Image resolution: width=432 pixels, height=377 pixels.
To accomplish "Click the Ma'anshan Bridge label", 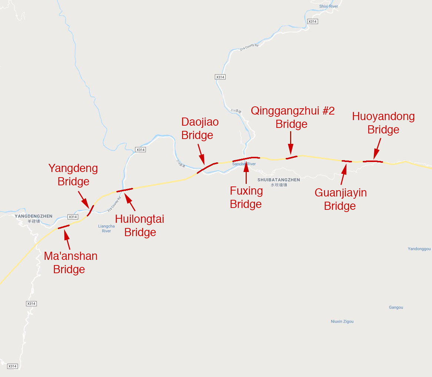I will tap(70, 262).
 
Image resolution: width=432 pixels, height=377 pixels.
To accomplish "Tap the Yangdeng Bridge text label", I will tap(73, 175).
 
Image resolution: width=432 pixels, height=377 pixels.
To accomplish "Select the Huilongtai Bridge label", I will tap(140, 225).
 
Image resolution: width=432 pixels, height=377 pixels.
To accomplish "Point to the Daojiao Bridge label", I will tap(199, 128).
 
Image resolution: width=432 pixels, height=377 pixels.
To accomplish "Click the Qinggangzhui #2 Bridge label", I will tap(292, 117).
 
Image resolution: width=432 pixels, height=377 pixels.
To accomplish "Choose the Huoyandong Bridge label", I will tap(383, 123).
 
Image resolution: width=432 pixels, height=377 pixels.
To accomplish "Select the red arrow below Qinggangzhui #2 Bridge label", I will tap(291, 143).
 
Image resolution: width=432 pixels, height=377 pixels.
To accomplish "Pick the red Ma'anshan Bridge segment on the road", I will tap(64, 226).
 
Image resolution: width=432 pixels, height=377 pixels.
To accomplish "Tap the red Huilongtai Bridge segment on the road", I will tap(124, 190).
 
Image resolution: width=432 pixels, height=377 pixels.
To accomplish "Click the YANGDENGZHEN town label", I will tap(33, 216).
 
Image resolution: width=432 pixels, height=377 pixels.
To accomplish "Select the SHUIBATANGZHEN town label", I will tap(279, 180).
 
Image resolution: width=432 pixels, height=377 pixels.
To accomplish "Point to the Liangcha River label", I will tap(106, 228).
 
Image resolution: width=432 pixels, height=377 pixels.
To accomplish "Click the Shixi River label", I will tap(329, 6).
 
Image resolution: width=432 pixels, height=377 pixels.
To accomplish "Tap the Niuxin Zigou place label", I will tap(342, 321).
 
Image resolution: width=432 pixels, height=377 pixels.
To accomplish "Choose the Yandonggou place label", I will tap(419, 249).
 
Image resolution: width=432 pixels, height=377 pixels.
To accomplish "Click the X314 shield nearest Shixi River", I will tap(313, 22).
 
